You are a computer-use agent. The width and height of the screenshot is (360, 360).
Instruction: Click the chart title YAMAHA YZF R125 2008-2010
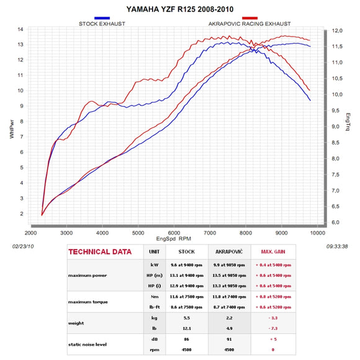(x=179, y=10)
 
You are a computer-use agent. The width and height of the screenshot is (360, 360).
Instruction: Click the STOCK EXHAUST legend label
(x=102, y=24)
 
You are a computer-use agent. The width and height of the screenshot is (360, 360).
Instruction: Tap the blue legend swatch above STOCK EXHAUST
(x=102, y=18)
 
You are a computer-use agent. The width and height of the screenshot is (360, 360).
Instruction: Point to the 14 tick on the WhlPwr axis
(x=20, y=29)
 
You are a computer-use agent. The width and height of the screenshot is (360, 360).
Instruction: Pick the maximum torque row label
(x=88, y=302)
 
